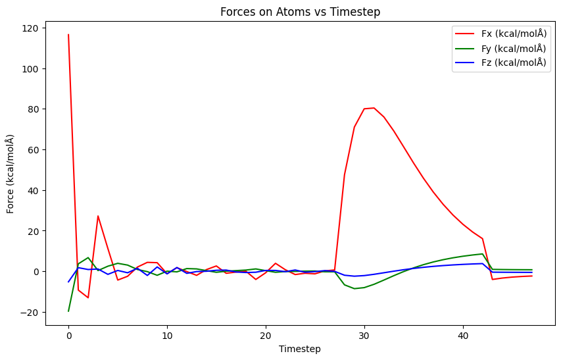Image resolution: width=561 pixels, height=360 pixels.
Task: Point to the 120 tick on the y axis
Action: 32,28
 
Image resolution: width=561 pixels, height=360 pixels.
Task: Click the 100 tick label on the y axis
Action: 32,68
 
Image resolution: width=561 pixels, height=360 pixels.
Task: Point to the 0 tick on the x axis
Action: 68,335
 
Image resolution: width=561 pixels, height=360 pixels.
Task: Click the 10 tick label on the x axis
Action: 167,335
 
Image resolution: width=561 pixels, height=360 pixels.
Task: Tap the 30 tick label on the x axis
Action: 364,335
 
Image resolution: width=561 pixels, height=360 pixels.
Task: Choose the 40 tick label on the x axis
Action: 463,335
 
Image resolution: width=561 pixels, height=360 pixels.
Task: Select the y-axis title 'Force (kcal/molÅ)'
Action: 11,174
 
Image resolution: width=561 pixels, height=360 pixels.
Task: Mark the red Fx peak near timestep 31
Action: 374,108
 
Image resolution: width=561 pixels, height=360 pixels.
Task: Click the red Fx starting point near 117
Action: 68,35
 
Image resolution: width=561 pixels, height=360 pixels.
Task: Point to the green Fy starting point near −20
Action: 68,311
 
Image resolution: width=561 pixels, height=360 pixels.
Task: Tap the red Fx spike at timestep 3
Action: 98,216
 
